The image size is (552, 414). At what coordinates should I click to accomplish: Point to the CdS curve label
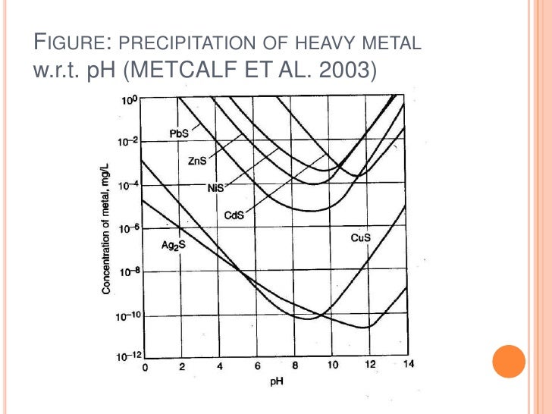pos(234,215)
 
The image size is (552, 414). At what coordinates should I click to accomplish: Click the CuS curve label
pos(360,238)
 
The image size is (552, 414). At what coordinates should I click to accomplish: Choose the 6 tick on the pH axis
pos(258,366)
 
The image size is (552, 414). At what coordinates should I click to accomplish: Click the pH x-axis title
pos(277,381)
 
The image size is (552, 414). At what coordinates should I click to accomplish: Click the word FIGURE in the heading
pos(66,42)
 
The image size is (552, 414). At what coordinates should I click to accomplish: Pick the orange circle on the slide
pos(508,361)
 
